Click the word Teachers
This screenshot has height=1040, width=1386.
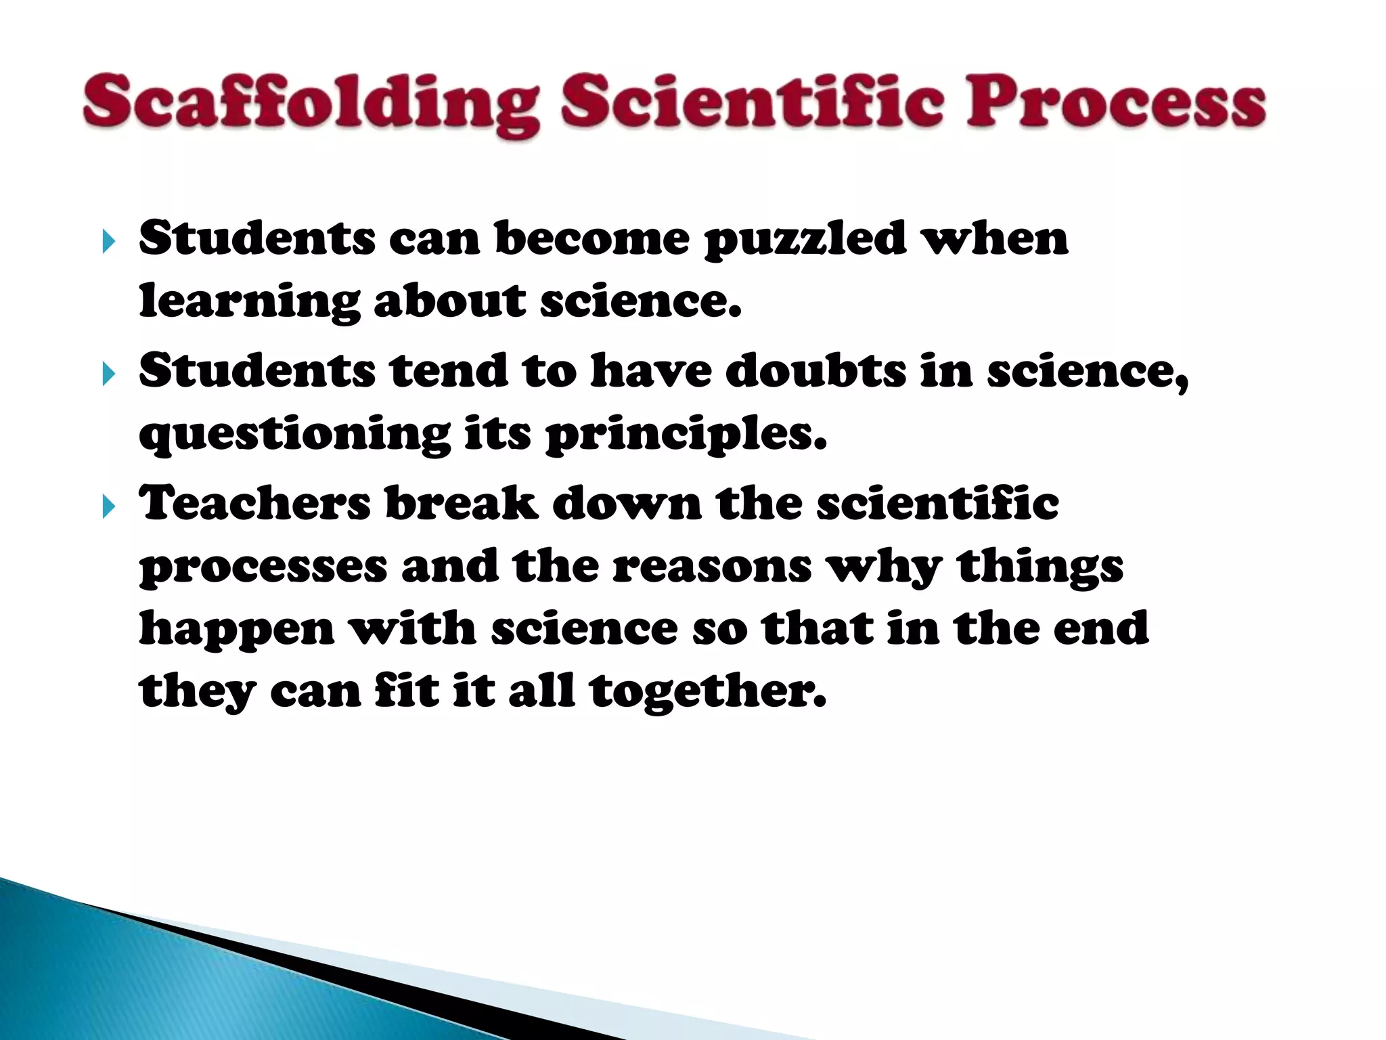tap(254, 504)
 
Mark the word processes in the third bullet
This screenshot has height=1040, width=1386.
tap(263, 568)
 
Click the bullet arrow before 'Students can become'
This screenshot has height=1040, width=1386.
tap(108, 241)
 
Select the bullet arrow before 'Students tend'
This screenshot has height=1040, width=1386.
tap(108, 373)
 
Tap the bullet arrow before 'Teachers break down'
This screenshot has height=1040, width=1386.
tap(108, 506)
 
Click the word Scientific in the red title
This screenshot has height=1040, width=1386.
tap(751, 103)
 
